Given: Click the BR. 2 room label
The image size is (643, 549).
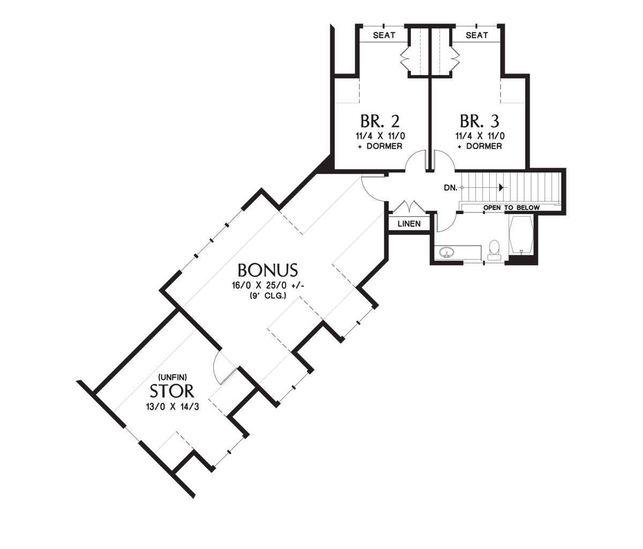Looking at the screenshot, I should pyautogui.click(x=380, y=120).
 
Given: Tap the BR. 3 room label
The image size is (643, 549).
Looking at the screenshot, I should pyautogui.click(x=480, y=120).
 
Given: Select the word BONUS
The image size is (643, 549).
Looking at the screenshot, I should pyautogui.click(x=267, y=269).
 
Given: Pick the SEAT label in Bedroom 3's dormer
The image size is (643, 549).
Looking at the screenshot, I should pyautogui.click(x=476, y=35).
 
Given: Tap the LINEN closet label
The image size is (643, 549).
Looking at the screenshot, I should pyautogui.click(x=409, y=224).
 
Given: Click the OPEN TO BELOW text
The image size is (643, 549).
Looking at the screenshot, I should pyautogui.click(x=511, y=207).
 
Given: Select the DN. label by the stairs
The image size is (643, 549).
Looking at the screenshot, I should pyautogui.click(x=450, y=188).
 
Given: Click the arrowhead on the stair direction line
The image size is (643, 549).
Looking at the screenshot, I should pyautogui.click(x=501, y=188).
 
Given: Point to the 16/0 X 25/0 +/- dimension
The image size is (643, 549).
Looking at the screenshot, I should pyautogui.click(x=268, y=285).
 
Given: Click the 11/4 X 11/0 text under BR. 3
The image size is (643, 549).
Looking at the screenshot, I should pyautogui.click(x=480, y=136).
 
